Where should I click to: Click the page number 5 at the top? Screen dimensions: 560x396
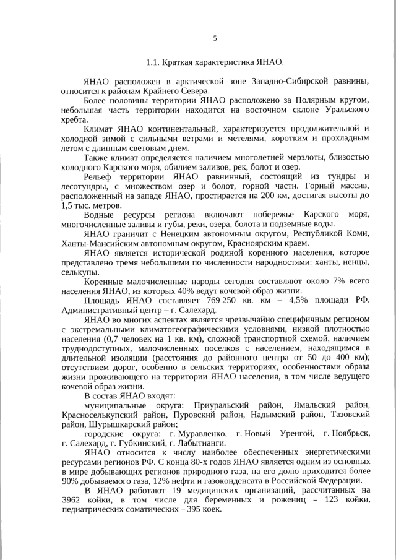tap(215, 38)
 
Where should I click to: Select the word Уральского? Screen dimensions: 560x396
tap(347, 110)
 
